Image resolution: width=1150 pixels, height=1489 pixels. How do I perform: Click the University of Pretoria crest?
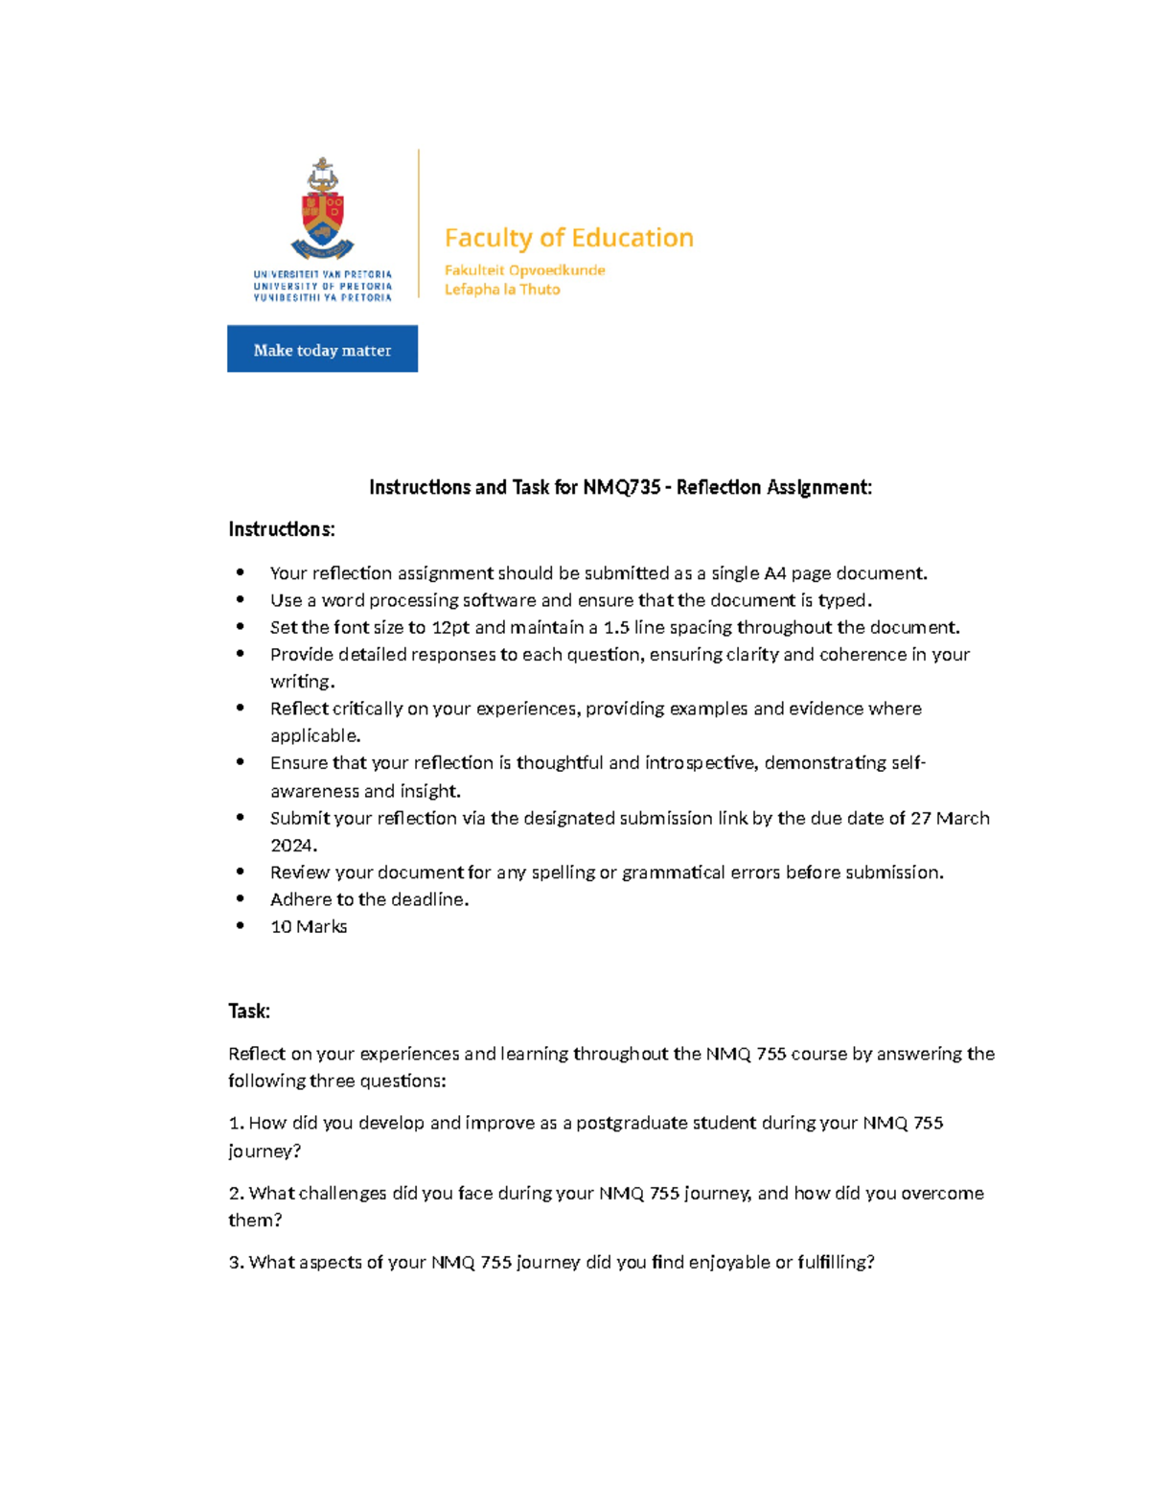322,210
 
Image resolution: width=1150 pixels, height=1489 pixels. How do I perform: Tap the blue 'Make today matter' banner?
322,349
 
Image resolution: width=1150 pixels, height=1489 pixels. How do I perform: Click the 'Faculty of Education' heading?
568,238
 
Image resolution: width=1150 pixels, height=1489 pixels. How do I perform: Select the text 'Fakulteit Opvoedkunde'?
524,270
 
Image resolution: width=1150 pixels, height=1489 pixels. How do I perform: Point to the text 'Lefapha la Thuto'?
502,290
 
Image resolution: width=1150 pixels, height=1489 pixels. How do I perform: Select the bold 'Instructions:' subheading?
282,529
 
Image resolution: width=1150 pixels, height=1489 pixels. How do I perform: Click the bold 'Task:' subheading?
249,1011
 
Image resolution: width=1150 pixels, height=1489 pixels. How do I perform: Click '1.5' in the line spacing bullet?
616,627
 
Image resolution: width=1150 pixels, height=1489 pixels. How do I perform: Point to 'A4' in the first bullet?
774,573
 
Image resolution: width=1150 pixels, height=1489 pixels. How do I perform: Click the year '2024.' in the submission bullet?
293,846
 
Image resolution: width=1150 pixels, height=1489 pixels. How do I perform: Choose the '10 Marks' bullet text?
309,927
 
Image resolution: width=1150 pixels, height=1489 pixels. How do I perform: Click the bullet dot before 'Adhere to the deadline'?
241,899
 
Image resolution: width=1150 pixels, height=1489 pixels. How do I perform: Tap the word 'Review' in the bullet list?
300,872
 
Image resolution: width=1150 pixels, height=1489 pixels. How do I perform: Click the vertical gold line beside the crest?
419,223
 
